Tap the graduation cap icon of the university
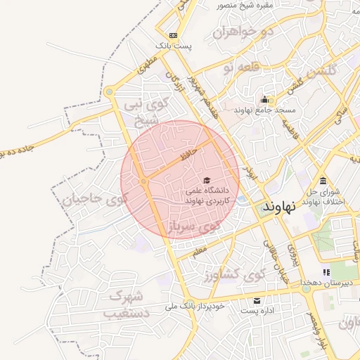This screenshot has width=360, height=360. pyautogui.click(x=206, y=180)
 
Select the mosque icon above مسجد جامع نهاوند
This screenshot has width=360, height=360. pyautogui.click(x=264, y=99)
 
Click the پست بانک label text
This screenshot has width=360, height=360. pyautogui.click(x=174, y=46)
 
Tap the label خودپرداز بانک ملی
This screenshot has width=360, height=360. pyautogui.click(x=195, y=307)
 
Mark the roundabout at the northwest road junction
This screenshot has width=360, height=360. pyautogui.click(x=109, y=91)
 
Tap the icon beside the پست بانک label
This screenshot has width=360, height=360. pyautogui.click(x=174, y=35)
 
